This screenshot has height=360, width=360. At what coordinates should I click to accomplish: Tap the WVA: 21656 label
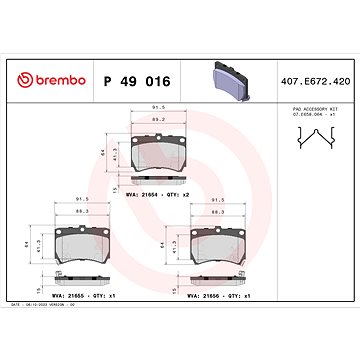coord(200,297)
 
